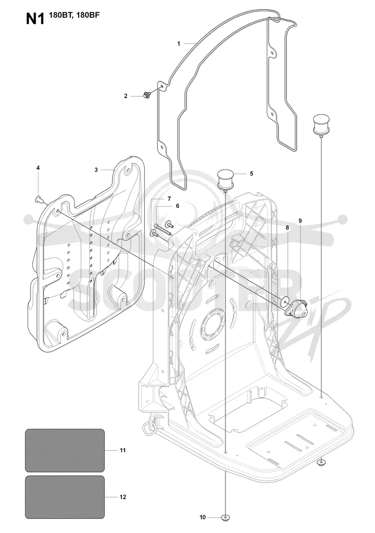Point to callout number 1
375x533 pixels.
179,44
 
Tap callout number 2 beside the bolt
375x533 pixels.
126,96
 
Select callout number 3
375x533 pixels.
96,170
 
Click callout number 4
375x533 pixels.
38,168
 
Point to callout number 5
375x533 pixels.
251,173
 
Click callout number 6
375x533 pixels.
177,206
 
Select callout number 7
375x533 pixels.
169,198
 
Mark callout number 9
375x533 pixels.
300,221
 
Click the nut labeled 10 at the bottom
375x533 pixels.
225,518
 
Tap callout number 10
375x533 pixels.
202,518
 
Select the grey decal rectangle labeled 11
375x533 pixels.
65,450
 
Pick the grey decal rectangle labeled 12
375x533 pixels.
65,497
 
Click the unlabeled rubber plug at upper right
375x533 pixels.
320,124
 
